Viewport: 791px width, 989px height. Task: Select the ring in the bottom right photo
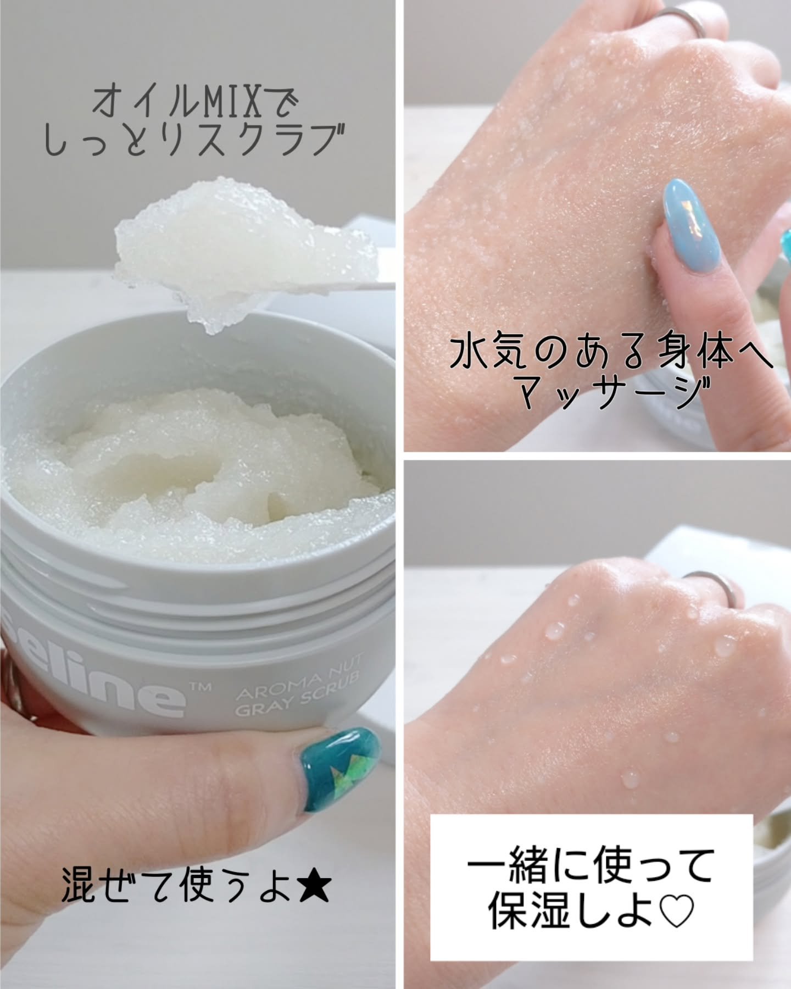[715, 590]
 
